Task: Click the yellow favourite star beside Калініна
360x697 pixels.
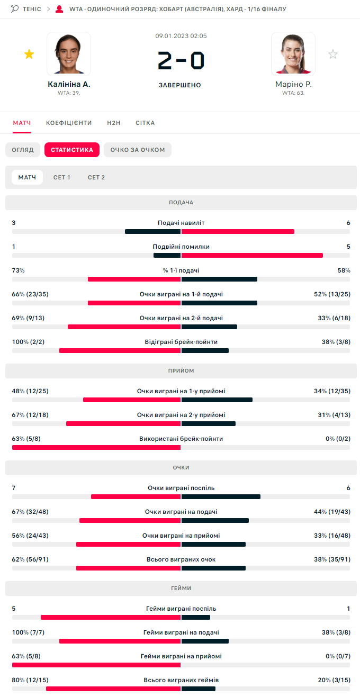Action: [29, 54]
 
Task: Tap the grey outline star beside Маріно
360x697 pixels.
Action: [332, 54]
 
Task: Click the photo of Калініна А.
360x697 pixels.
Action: [69, 53]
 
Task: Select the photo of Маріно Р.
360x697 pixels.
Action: [293, 53]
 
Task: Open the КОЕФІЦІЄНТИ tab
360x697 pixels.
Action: [69, 123]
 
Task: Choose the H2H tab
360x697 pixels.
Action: [114, 123]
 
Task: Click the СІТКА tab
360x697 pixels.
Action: [145, 123]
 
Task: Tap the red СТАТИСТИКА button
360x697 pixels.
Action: [72, 150]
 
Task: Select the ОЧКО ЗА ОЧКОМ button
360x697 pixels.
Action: [138, 150]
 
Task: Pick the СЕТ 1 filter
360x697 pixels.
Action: [62, 177]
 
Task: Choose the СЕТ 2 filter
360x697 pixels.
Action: [96, 177]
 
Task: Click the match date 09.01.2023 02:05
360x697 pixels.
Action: [181, 36]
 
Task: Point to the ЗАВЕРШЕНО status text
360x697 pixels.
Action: [180, 85]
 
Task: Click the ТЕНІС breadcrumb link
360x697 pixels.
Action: [32, 9]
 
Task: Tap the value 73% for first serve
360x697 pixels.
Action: [19, 270]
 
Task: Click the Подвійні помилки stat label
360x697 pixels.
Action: [181, 247]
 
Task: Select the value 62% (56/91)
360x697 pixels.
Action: [30, 559]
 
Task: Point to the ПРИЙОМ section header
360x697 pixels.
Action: [181, 370]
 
